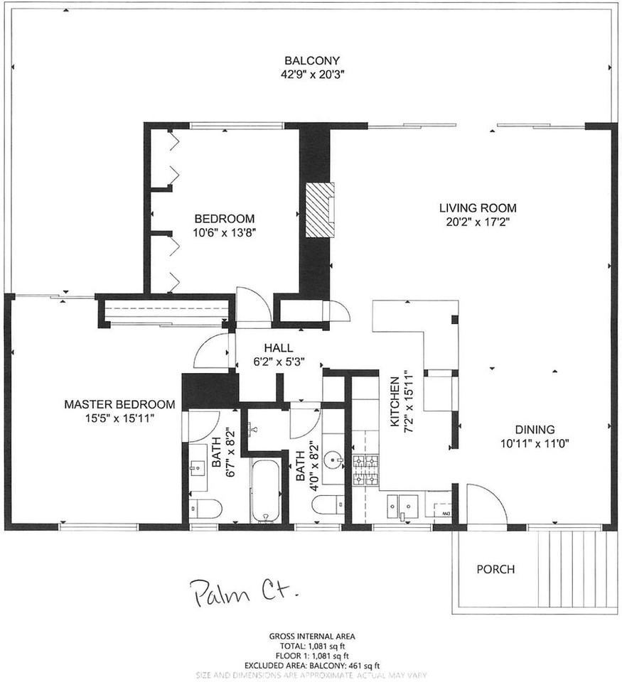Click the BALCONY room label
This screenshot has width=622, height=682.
313,60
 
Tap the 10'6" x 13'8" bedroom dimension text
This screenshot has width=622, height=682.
224,232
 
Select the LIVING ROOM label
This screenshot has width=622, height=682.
476,208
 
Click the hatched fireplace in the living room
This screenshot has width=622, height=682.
320,210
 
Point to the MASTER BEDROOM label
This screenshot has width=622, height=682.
119,404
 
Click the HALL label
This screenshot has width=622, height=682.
275,347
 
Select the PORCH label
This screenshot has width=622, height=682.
495,569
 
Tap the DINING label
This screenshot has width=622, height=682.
535,429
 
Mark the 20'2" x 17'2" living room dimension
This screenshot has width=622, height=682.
476,222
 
